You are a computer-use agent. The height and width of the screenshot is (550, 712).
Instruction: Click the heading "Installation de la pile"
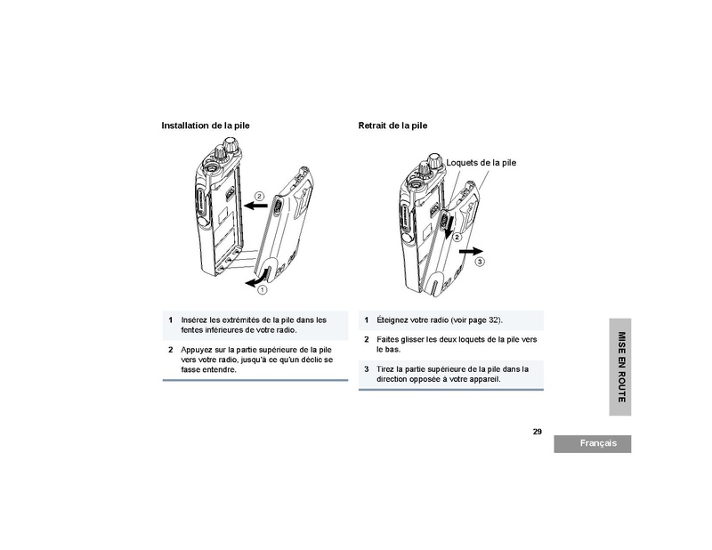point(206,125)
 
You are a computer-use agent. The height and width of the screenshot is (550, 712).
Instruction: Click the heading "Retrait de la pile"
point(392,125)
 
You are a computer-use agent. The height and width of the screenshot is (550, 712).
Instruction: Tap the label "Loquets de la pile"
point(481,163)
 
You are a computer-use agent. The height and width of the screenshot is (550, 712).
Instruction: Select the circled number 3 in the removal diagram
point(480,262)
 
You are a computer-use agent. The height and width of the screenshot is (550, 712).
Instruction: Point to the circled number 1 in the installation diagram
point(262,290)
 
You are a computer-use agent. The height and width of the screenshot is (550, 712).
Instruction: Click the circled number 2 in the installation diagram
point(259,196)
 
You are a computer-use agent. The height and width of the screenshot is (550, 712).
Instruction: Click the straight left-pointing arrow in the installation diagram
point(255,206)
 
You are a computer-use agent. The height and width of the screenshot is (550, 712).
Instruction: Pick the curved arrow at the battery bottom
point(257,279)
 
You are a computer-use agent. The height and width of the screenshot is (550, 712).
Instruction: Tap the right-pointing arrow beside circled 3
point(471,251)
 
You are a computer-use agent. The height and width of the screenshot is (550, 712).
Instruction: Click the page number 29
point(538,432)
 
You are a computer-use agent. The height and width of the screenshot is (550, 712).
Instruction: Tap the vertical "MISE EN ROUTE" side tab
point(620,367)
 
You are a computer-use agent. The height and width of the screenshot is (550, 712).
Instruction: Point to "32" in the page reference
point(493,319)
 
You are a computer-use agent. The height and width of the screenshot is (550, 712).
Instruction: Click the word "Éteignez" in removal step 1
point(392,320)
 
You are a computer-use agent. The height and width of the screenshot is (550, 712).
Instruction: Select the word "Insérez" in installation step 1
point(195,319)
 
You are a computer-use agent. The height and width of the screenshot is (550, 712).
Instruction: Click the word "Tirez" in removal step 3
point(385,369)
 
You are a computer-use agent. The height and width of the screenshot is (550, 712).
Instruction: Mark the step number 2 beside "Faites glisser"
point(367,339)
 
